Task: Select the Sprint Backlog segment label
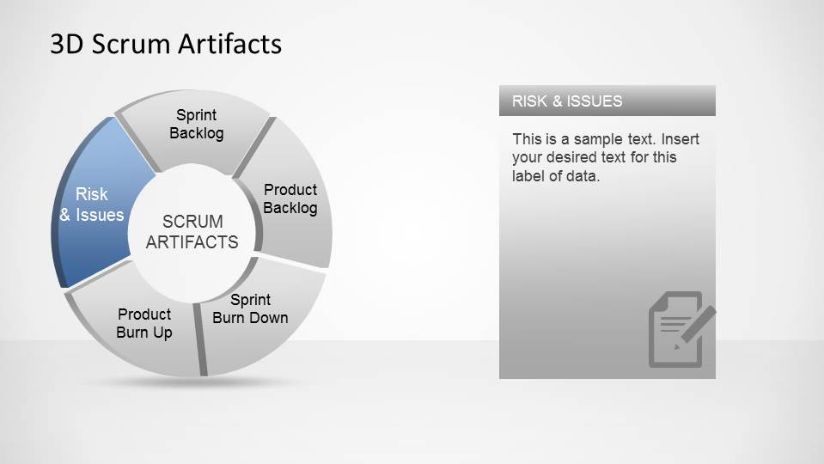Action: (197, 124)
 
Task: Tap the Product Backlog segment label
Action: (290, 198)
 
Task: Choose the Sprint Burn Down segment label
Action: (250, 309)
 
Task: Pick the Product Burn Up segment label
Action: (144, 324)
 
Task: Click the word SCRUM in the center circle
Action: (192, 221)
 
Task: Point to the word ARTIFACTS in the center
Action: (192, 242)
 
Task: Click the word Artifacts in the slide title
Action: (229, 44)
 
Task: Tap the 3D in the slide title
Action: (67, 44)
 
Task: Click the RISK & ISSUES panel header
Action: (607, 101)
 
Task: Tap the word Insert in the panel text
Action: (680, 139)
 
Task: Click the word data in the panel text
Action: (583, 176)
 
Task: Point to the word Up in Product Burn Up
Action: (162, 333)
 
